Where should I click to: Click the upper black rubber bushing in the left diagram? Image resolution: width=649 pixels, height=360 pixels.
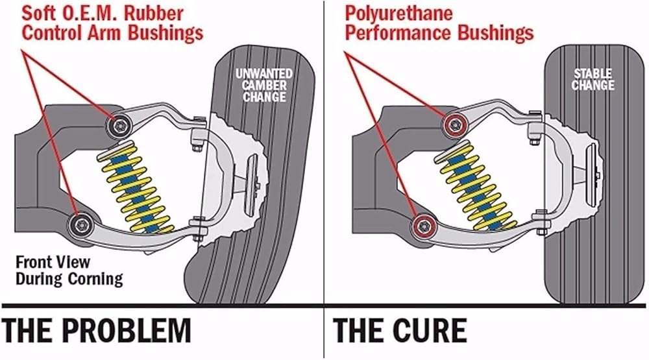[119, 124]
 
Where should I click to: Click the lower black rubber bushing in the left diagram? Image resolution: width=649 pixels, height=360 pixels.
[80, 224]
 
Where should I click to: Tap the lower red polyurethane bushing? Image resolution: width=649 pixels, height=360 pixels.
[424, 226]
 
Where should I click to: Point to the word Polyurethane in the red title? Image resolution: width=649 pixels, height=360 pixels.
[398, 14]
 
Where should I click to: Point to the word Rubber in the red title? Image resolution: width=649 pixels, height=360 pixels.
[154, 14]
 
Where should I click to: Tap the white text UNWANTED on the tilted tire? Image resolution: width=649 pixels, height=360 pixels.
[264, 74]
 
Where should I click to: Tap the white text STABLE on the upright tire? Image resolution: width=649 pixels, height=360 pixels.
[593, 74]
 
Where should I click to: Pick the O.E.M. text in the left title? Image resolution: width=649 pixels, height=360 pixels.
[86, 14]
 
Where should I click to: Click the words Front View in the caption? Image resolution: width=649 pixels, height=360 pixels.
[53, 262]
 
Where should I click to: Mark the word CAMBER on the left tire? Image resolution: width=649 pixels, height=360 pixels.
[264, 86]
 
